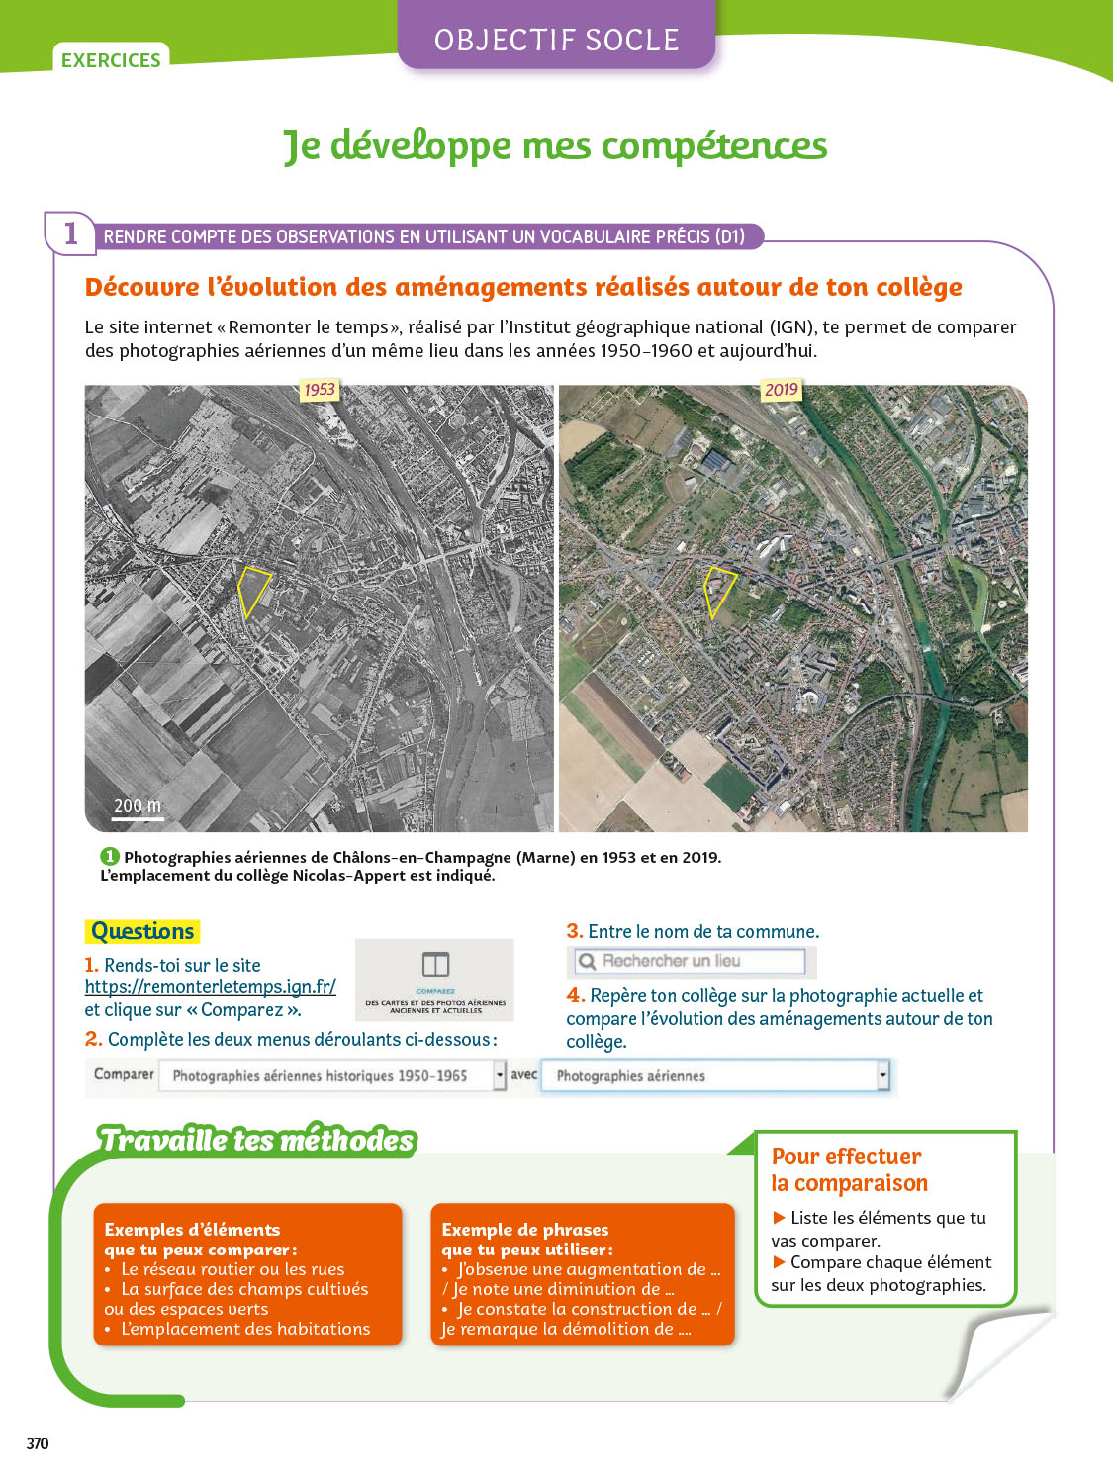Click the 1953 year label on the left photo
(x=319, y=390)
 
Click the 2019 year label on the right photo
(x=781, y=390)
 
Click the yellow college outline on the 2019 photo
(x=717, y=591)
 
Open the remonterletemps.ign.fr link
(x=210, y=986)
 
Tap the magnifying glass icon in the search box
(x=587, y=961)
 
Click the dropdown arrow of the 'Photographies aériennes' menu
(x=882, y=1075)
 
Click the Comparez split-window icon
(x=435, y=965)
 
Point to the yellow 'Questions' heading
(x=142, y=931)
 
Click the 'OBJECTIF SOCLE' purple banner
(x=556, y=40)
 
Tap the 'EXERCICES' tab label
(x=111, y=60)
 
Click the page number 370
(x=38, y=1443)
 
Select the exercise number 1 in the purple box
(x=70, y=233)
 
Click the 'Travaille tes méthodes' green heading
(x=256, y=1140)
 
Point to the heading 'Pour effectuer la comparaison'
(x=849, y=1169)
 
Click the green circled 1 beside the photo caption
(x=109, y=857)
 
